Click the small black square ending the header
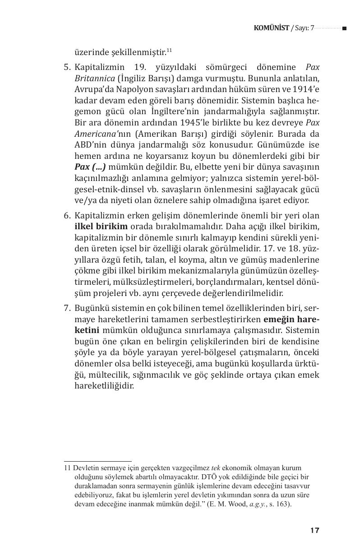point(344,28)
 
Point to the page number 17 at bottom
point(314,531)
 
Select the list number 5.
point(67,67)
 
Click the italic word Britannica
point(93,78)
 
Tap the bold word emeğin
point(280,319)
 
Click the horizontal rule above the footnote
point(97,462)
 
